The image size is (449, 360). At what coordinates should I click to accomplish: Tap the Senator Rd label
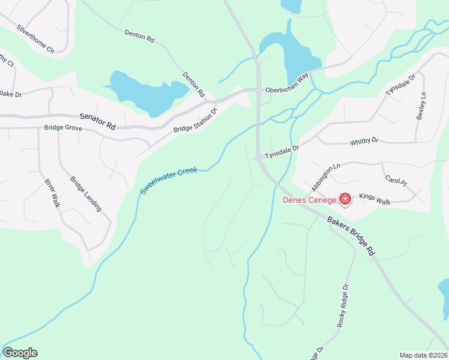click(x=97, y=122)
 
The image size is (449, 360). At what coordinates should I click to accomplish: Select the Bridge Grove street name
click(x=63, y=128)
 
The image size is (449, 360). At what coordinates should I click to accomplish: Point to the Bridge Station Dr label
click(x=194, y=120)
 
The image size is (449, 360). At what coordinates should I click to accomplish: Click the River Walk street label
click(x=52, y=191)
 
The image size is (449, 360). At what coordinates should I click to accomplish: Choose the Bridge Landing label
click(x=86, y=193)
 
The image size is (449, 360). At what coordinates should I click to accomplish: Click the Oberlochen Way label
click(x=287, y=83)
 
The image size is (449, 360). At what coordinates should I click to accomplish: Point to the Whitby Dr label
click(x=365, y=142)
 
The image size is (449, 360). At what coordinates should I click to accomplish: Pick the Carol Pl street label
click(x=396, y=180)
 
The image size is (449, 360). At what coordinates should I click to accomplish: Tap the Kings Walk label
click(x=375, y=199)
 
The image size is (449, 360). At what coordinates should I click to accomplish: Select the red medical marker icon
click(x=345, y=199)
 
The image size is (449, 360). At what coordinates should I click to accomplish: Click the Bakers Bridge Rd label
click(x=351, y=236)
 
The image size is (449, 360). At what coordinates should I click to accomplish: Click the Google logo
click(x=20, y=353)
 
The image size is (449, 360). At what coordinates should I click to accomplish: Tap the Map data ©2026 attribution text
click(x=423, y=355)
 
